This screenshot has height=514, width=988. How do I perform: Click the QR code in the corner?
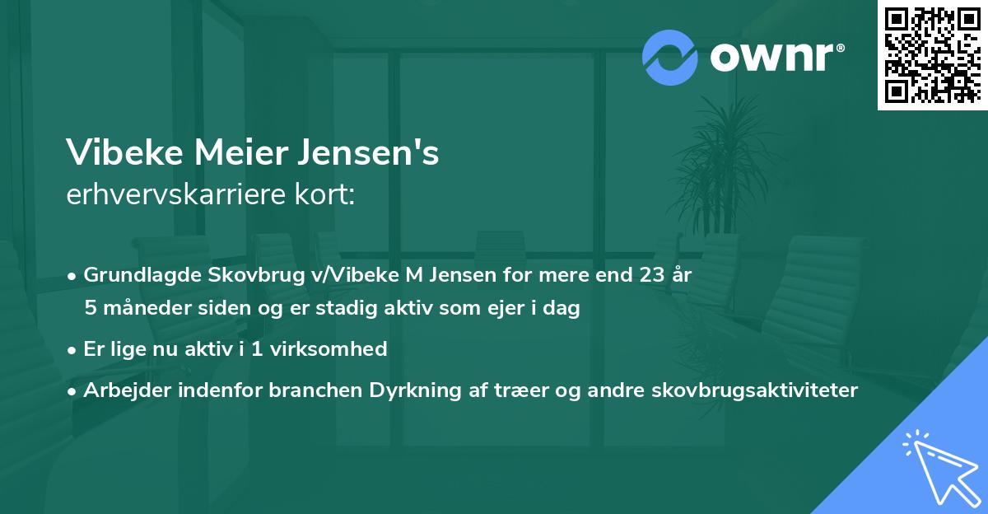tap(933, 54)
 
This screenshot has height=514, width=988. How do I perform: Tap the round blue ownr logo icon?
tap(670, 57)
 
